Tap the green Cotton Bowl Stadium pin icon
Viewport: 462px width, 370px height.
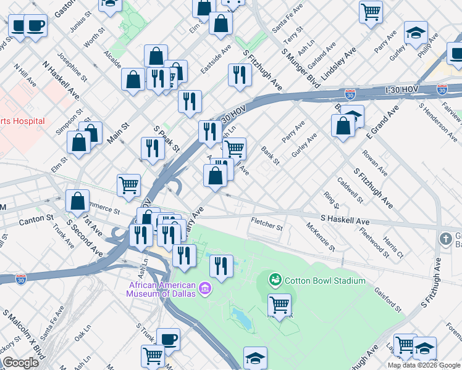click(x=275, y=281)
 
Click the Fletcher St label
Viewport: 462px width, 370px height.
click(x=267, y=227)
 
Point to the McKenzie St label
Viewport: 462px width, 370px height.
click(x=321, y=237)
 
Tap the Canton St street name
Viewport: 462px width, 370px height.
click(x=27, y=218)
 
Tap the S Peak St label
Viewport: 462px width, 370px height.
click(x=166, y=139)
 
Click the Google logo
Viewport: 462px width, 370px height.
click(x=20, y=363)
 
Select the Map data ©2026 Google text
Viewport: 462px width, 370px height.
click(x=424, y=365)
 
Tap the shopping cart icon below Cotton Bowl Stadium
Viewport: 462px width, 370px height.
click(x=279, y=304)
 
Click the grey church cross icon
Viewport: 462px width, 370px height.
click(x=446, y=238)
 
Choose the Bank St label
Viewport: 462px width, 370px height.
click(x=271, y=156)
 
